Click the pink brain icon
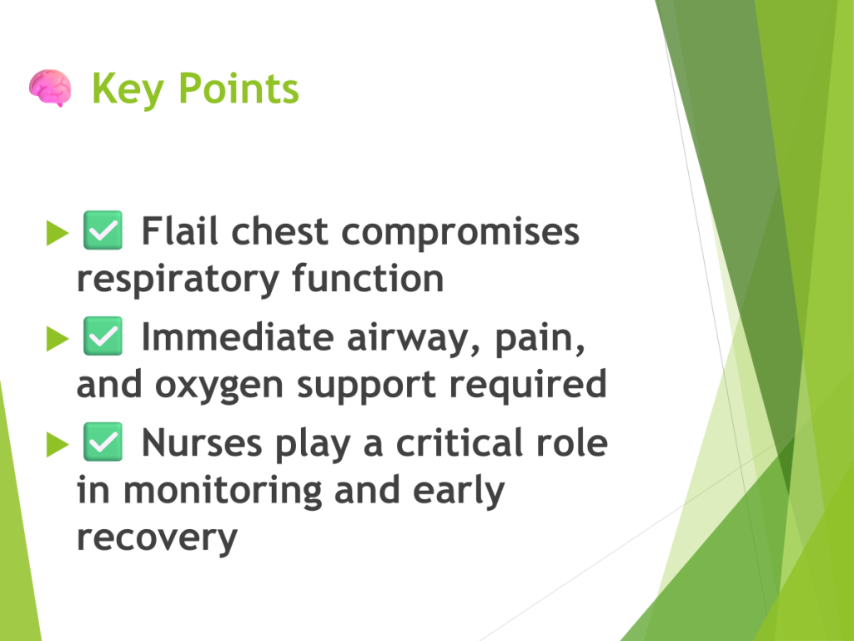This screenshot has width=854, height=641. (x=50, y=88)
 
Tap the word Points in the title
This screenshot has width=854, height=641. (x=239, y=88)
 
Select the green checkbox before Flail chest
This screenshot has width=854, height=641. (x=103, y=230)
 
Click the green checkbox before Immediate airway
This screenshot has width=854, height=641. (x=103, y=336)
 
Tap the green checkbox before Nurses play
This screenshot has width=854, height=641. (x=103, y=442)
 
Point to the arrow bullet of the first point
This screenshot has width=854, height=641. (x=58, y=234)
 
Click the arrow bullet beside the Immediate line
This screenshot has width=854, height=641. (x=58, y=339)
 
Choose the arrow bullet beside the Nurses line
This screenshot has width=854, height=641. (x=58, y=444)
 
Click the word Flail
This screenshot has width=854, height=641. (x=180, y=230)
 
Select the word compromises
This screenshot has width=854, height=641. (x=460, y=234)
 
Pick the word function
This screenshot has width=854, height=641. (x=368, y=278)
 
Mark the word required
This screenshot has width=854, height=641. (x=528, y=385)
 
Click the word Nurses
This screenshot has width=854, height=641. (x=202, y=442)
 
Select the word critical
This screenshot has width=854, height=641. (x=460, y=442)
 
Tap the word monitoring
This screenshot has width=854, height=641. (x=223, y=491)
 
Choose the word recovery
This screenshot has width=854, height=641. (x=158, y=538)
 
